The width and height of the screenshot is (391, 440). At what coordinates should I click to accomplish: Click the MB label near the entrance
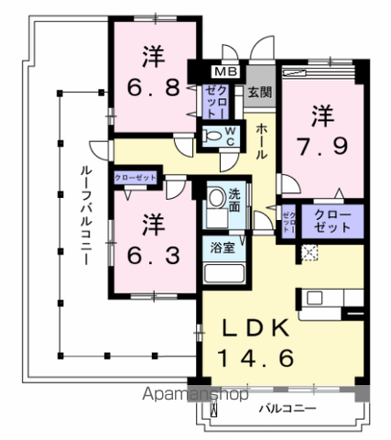coord(224,71)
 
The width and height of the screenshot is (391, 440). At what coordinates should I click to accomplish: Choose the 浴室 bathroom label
coord(221,247)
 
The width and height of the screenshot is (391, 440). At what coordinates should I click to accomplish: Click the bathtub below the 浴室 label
coord(221,274)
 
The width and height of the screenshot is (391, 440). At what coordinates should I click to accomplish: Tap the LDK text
coord(255,329)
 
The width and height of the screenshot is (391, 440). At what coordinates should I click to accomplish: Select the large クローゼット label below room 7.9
coord(331,221)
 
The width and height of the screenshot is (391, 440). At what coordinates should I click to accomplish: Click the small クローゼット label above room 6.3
coord(136,177)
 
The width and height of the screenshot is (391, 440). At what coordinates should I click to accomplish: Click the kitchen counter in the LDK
coord(330,298)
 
